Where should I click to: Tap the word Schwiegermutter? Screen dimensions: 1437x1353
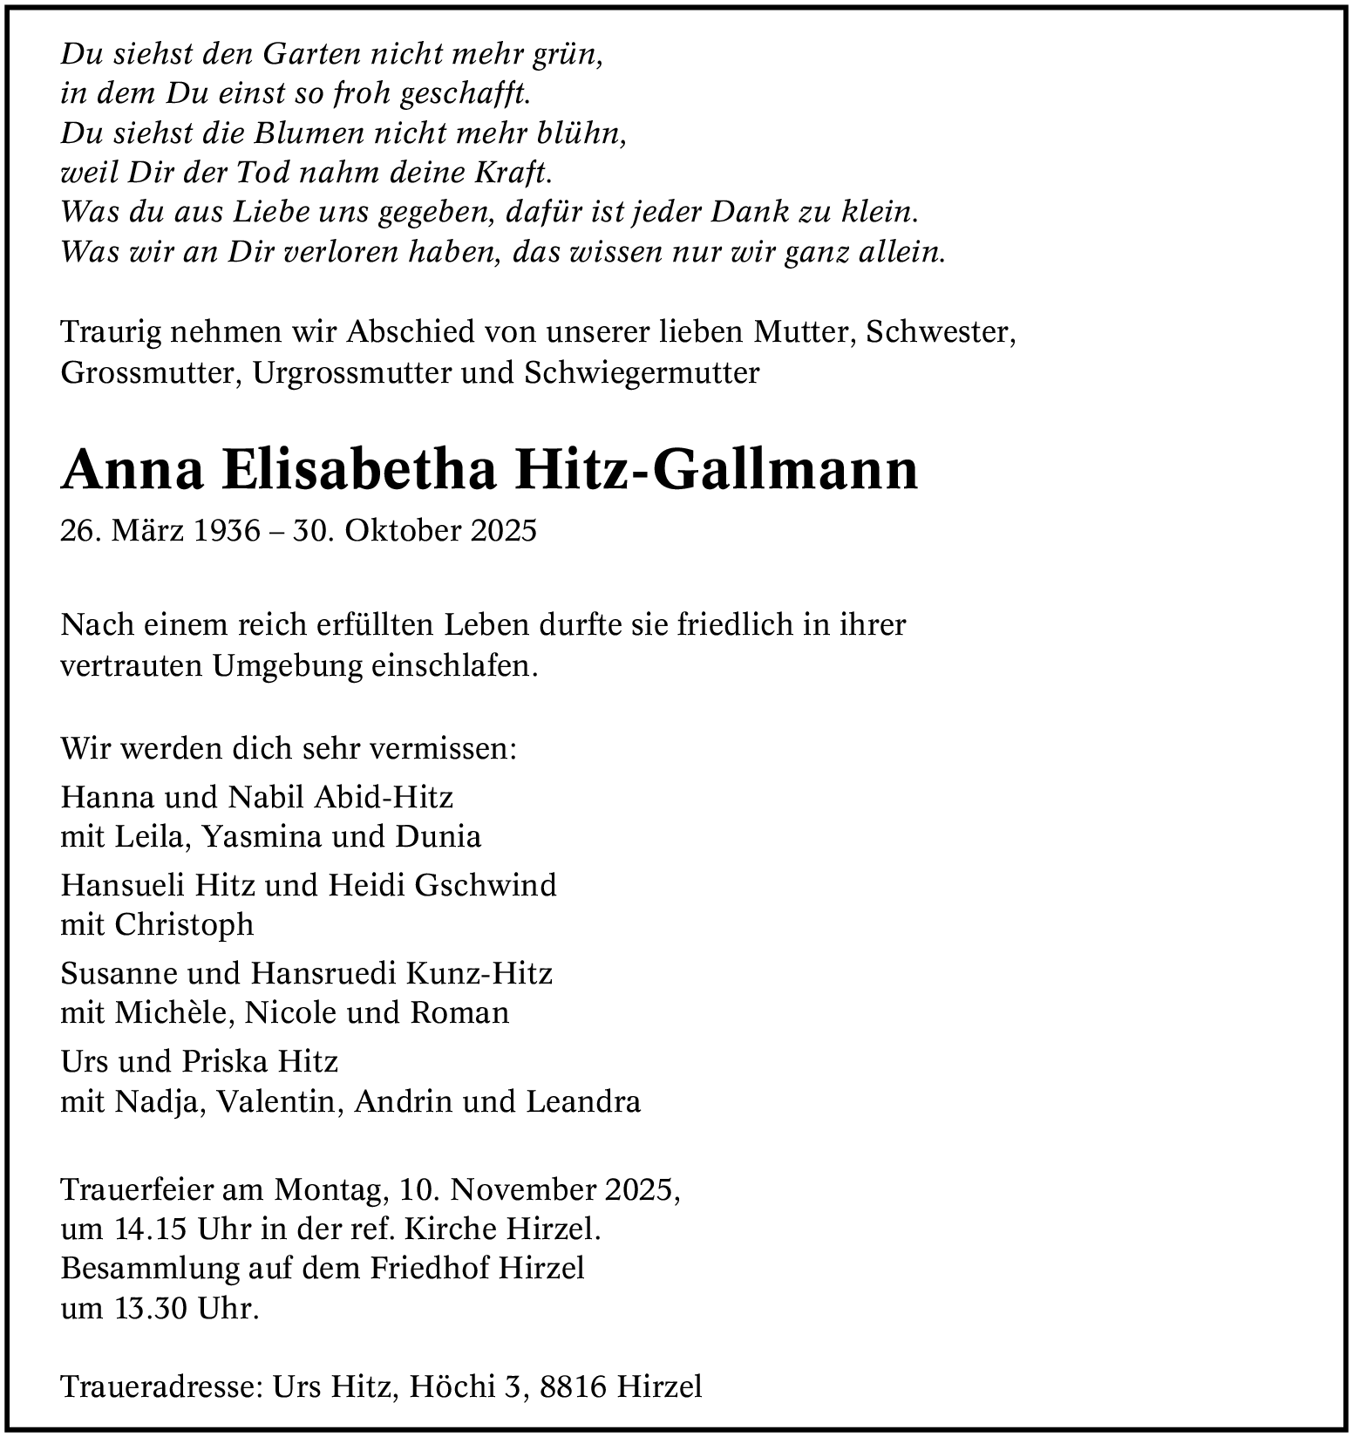point(642,372)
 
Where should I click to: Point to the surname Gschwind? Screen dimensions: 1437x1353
point(486,885)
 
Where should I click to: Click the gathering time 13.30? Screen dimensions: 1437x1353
point(151,1308)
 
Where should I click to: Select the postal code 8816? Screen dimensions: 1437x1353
point(573,1386)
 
